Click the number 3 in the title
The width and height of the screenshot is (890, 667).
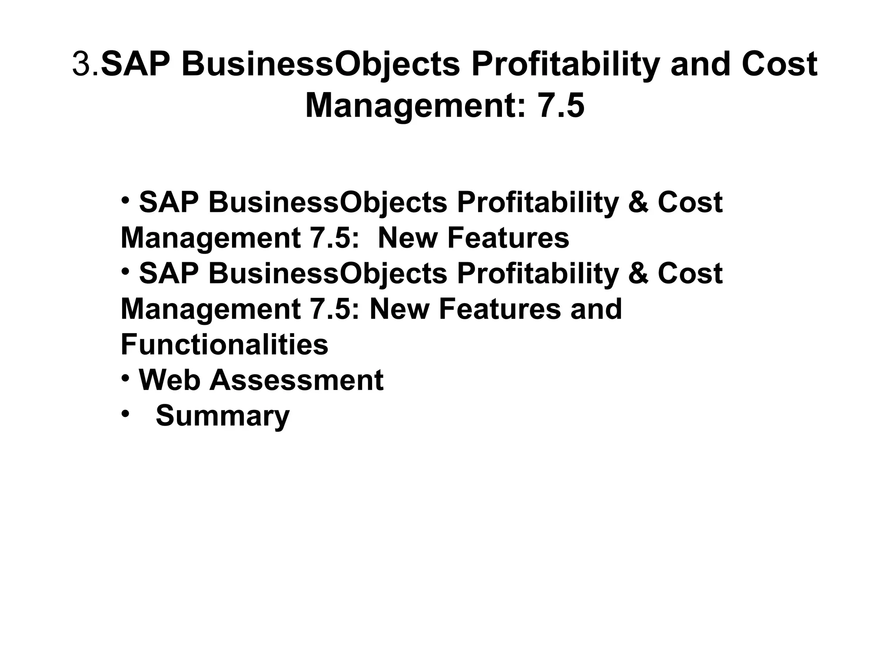80,64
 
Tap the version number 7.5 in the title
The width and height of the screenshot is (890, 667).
561,106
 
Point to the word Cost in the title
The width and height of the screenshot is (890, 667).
780,64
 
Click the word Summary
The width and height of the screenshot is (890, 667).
222,416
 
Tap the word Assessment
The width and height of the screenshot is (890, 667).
297,380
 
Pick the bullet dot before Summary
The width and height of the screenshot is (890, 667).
126,414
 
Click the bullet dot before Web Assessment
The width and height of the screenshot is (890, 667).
125,378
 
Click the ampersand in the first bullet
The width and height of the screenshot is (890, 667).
638,202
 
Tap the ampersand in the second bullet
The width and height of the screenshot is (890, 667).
638,274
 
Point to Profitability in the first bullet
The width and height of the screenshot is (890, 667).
537,202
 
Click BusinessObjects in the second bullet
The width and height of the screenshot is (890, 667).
328,274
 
